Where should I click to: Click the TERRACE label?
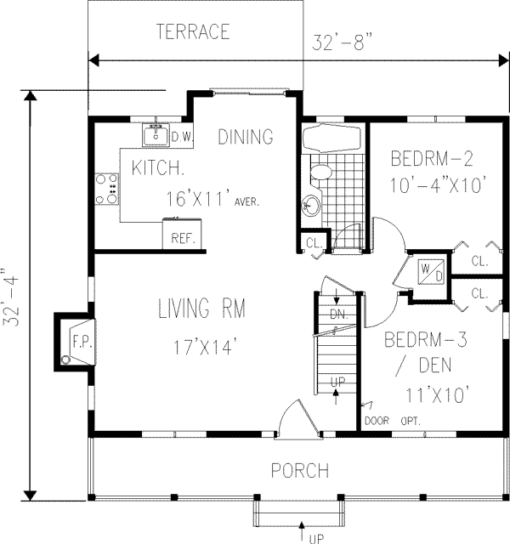click(193, 32)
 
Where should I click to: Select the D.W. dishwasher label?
click(180, 135)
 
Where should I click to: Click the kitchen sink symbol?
click(156, 135)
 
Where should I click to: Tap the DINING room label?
click(245, 137)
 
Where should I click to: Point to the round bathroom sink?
click(311, 206)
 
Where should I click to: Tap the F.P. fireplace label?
click(79, 343)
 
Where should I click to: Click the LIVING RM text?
click(201, 309)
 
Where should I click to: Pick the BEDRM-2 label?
click(431, 158)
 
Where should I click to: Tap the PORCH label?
click(299, 470)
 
